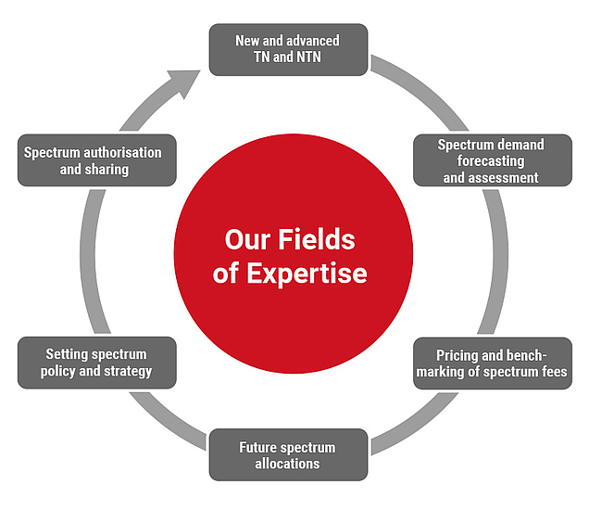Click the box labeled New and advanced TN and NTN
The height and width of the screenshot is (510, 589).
(288, 49)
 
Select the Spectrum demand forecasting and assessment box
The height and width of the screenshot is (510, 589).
(491, 160)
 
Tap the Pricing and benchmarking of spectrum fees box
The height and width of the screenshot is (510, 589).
(491, 363)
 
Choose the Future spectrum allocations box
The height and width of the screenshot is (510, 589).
(287, 454)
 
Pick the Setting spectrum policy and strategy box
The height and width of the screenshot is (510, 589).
(96, 363)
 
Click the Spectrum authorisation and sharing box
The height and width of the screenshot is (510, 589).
(95, 160)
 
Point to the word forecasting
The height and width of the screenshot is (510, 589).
(491, 160)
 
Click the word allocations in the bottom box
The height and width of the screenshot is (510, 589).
(287, 463)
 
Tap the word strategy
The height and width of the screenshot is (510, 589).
(128, 371)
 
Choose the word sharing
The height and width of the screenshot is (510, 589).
(107, 169)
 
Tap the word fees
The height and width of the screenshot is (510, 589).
(552, 372)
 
